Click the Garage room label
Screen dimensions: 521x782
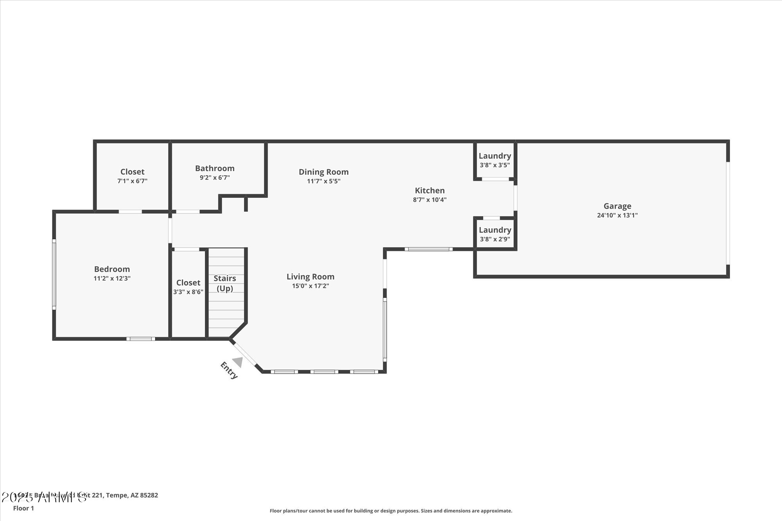pyautogui.click(x=617, y=206)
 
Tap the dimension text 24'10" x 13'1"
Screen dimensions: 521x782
pyautogui.click(x=617, y=215)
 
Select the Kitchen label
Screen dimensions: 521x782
pyautogui.click(x=429, y=190)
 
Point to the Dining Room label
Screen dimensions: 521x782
pyautogui.click(x=323, y=172)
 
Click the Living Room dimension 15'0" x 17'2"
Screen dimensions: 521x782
pyautogui.click(x=310, y=286)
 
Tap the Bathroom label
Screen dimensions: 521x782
pyautogui.click(x=215, y=168)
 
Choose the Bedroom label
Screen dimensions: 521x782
pyautogui.click(x=112, y=269)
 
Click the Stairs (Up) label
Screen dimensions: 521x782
pyautogui.click(x=225, y=283)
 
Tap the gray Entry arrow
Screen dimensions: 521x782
pyautogui.click(x=238, y=362)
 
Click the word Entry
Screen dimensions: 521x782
pyautogui.click(x=229, y=371)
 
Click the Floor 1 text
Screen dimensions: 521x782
pyautogui.click(x=23, y=508)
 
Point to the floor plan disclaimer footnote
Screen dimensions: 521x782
pyautogui.click(x=391, y=511)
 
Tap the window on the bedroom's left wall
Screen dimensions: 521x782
pyautogui.click(x=54, y=274)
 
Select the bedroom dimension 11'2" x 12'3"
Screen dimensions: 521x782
pyautogui.click(x=112, y=279)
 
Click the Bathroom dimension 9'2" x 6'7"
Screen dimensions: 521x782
pyautogui.click(x=215, y=178)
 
